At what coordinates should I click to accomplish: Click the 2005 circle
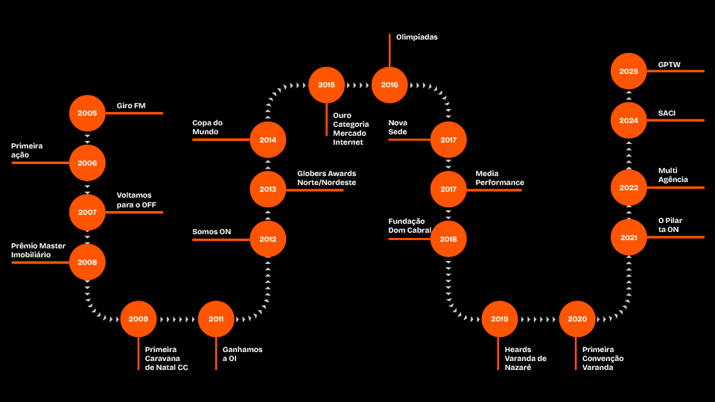pyautogui.click(x=87, y=113)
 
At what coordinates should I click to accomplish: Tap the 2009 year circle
pyautogui.click(x=138, y=319)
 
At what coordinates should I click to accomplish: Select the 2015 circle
pyautogui.click(x=326, y=85)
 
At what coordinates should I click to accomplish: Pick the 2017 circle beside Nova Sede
pyautogui.click(x=448, y=139)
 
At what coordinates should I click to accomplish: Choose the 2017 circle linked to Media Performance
pyautogui.click(x=448, y=189)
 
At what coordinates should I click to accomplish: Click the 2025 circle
pyautogui.click(x=629, y=72)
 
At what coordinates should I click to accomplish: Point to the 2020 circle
pyautogui.click(x=577, y=319)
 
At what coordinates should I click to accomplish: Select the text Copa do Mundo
pyautogui.click(x=208, y=128)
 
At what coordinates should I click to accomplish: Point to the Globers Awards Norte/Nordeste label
pyautogui.click(x=326, y=178)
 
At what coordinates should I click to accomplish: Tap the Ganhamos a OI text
pyautogui.click(x=243, y=354)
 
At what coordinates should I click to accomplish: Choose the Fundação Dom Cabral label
pyautogui.click(x=407, y=226)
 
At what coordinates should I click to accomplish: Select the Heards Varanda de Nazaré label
pyautogui.click(x=525, y=358)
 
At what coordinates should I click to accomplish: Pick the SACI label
pyautogui.click(x=667, y=113)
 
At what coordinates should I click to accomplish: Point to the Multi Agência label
pyautogui.click(x=673, y=175)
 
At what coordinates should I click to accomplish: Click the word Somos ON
pyautogui.click(x=212, y=231)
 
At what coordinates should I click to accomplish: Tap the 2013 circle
pyautogui.click(x=268, y=189)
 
